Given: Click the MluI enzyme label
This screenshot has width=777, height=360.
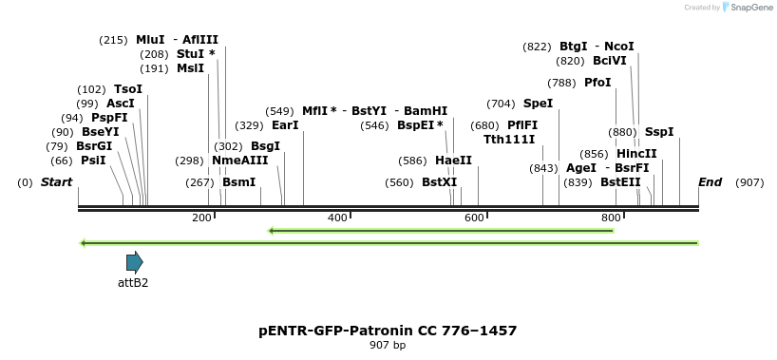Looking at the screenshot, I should [x=150, y=40].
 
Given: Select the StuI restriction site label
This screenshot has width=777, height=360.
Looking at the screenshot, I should [x=190, y=54].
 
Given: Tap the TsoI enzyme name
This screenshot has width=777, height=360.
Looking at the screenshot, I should [x=128, y=89].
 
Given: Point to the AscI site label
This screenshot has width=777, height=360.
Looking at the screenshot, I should [x=121, y=104].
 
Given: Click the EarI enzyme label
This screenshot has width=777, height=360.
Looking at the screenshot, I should [x=285, y=125].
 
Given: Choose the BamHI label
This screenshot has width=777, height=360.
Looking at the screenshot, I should [x=426, y=111].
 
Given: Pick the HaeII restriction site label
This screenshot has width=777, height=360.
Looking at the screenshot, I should [x=453, y=161].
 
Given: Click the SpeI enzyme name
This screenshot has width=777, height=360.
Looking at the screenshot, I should [x=538, y=104].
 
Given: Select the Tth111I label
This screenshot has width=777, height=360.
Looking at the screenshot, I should [x=509, y=139].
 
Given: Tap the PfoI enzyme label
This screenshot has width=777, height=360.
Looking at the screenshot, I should [x=597, y=83].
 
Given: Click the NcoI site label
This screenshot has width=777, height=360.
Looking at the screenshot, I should [x=619, y=47].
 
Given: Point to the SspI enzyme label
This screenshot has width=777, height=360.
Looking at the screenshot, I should [x=659, y=132].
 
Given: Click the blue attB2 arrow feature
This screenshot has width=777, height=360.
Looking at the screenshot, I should [x=134, y=262].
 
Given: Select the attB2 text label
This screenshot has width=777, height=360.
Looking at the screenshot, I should [x=133, y=282].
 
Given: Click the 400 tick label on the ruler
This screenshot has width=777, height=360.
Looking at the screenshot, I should [x=338, y=218].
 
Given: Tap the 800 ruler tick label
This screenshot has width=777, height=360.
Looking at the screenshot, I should [x=611, y=218].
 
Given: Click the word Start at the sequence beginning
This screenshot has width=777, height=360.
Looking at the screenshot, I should [x=56, y=182].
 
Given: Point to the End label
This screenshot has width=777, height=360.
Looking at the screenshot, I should [x=710, y=182].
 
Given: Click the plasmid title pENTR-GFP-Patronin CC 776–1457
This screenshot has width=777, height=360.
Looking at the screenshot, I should [x=388, y=331].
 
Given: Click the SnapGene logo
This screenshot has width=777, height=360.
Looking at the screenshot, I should [x=748, y=8].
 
